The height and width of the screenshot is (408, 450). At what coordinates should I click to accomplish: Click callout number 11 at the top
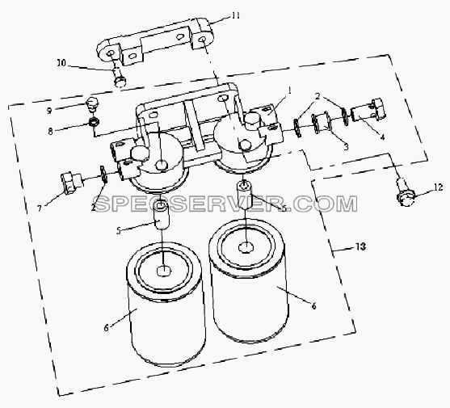[236, 16]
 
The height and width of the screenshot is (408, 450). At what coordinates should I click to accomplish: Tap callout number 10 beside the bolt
[61, 63]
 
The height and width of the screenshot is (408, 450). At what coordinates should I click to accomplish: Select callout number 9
[49, 111]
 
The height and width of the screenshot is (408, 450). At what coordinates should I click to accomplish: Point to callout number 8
[51, 132]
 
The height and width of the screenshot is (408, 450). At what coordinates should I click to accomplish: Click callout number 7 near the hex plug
[40, 208]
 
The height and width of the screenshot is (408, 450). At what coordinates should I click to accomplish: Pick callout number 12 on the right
[438, 187]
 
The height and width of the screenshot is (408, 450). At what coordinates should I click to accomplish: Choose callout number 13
[361, 246]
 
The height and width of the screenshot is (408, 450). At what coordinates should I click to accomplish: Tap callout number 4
[383, 137]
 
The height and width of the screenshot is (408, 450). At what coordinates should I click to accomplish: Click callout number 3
[346, 147]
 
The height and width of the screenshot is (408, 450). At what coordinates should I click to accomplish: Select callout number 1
[290, 91]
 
